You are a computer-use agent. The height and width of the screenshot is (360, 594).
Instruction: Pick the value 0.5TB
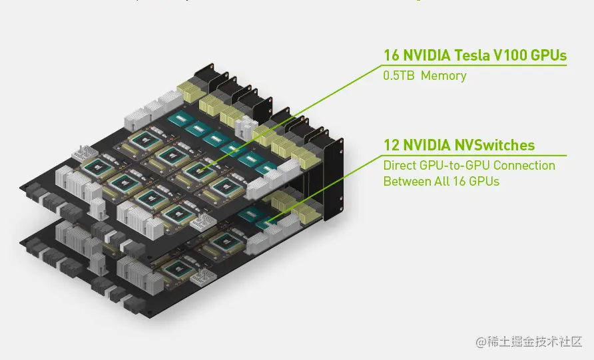399,76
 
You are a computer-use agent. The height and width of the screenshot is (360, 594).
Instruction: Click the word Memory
444,76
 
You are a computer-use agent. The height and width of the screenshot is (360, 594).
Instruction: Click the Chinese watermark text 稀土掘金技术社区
537,342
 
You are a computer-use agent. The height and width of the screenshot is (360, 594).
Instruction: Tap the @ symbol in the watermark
481,342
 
